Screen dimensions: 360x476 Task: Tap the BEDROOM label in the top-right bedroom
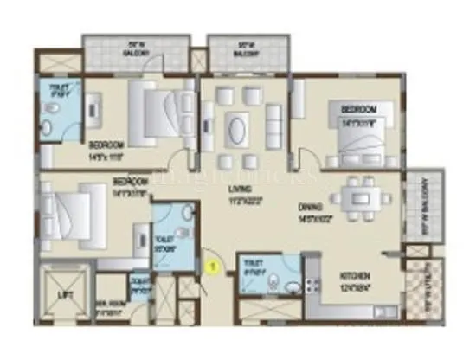tap(357, 110)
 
